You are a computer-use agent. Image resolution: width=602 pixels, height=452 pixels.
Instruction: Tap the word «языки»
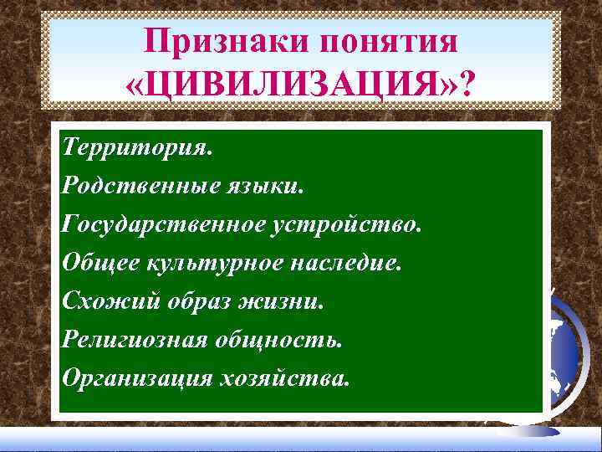[x=273, y=186]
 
